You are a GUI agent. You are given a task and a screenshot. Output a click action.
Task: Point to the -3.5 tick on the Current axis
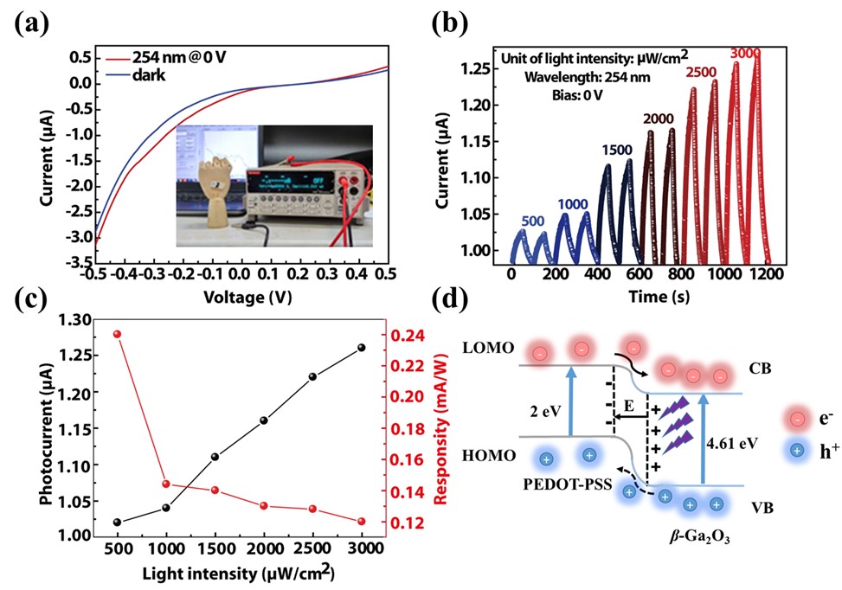tap(80, 260)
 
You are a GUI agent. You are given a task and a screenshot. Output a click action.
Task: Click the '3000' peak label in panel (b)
tap(746, 55)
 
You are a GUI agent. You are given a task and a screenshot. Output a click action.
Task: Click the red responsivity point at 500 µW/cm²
tap(117, 334)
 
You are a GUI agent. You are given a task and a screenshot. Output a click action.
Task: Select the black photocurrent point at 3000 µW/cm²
tap(361, 348)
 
